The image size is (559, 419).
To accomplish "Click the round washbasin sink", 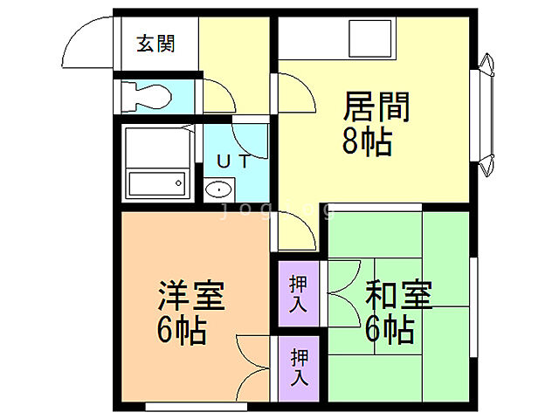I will (217, 189).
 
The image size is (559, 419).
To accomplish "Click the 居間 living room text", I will (376, 108).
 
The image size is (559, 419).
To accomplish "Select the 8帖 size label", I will (366, 141).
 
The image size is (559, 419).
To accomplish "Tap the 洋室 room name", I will (191, 297).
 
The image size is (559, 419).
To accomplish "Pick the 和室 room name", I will (398, 296).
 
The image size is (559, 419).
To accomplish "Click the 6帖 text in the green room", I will (390, 330).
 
